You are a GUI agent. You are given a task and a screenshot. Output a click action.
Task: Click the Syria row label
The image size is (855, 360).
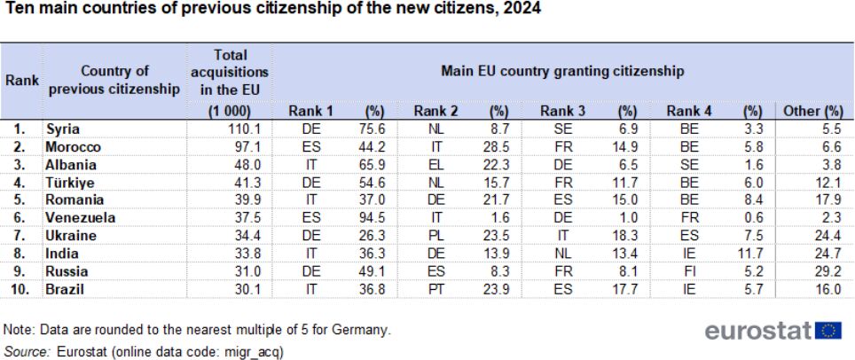(63, 129)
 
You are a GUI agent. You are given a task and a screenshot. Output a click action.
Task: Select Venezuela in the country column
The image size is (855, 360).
(80, 217)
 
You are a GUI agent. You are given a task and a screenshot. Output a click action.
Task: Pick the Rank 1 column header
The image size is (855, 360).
(310, 111)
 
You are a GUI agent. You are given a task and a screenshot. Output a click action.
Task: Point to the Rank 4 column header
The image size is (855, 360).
(688, 111)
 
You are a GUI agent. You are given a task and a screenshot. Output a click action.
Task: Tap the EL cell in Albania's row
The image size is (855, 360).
(435, 165)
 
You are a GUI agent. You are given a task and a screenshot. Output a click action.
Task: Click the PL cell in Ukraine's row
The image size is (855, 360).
(435, 236)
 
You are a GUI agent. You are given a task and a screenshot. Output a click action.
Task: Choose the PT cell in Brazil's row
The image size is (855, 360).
(435, 289)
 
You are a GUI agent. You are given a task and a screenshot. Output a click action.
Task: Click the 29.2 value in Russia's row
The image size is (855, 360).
(829, 271)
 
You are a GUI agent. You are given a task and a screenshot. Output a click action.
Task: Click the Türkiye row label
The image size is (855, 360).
(71, 182)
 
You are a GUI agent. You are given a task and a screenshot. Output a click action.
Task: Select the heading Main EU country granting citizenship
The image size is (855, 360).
(562, 71)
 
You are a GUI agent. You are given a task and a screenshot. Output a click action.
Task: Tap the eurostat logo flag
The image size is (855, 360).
(828, 331)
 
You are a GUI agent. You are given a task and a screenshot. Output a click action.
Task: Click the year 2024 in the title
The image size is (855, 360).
(524, 9)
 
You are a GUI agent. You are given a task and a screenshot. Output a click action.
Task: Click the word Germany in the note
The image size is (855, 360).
(366, 330)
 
